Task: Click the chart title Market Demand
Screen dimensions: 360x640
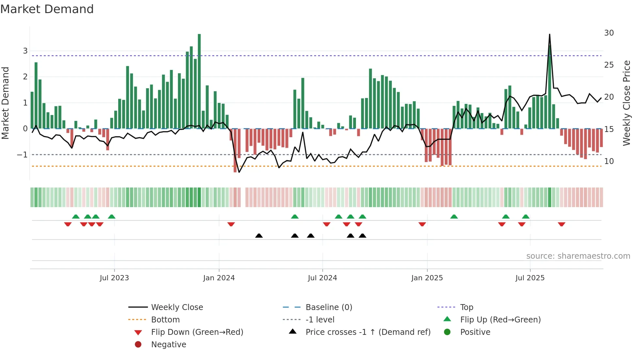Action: [x=47, y=9]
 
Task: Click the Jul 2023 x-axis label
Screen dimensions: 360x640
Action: [x=114, y=278]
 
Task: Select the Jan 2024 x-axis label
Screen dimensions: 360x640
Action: [x=219, y=278]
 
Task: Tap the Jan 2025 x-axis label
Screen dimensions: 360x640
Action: [x=427, y=278]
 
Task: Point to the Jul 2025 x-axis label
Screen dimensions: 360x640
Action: [x=530, y=278]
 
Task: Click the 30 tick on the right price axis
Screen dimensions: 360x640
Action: [x=609, y=33]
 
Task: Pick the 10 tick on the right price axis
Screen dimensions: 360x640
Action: [x=609, y=161]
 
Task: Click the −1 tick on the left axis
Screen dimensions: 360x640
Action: [x=22, y=155]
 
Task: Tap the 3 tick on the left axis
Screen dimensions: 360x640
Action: [x=25, y=51]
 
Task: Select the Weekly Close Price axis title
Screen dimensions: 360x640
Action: [x=626, y=103]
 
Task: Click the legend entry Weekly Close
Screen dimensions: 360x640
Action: [x=177, y=307]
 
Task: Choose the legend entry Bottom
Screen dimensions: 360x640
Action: [x=165, y=320]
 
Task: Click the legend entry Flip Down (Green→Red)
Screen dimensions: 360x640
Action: [x=197, y=332]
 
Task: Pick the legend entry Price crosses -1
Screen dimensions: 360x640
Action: [x=368, y=332]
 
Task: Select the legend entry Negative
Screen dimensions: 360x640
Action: [x=168, y=345]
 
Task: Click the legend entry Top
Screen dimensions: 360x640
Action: [x=466, y=307]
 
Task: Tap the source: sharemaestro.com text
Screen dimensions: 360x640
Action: [x=578, y=256]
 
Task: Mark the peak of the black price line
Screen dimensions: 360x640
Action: [x=550, y=34]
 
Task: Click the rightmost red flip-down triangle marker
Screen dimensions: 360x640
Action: [x=561, y=224]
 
